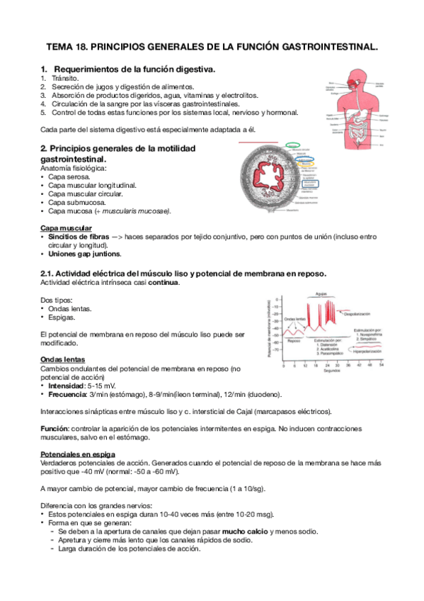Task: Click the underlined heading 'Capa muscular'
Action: [x=66, y=228]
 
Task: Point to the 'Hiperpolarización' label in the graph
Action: [x=361, y=351]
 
